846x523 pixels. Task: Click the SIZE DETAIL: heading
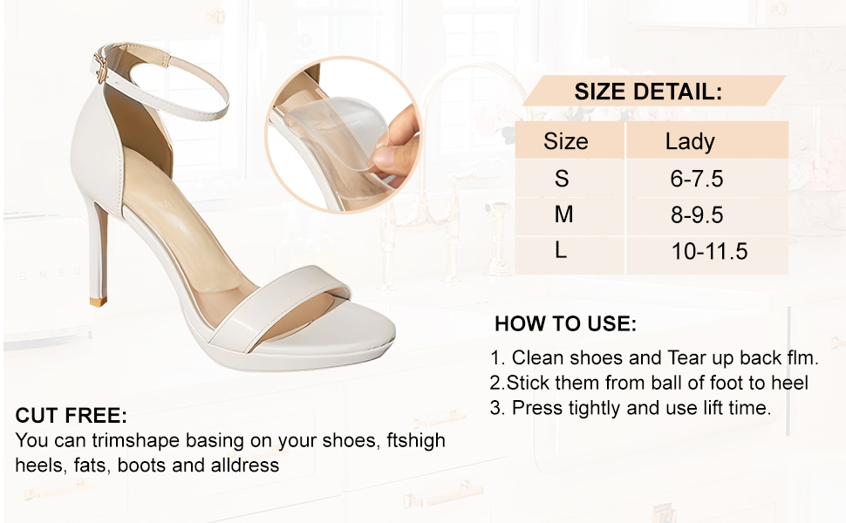pyautogui.click(x=647, y=92)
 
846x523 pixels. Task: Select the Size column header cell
pyautogui.click(x=570, y=140)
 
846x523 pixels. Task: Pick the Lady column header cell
pyautogui.click(x=706, y=140)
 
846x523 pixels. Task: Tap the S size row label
pyautogui.click(x=562, y=179)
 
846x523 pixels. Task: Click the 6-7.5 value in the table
pyautogui.click(x=697, y=179)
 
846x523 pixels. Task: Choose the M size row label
pyautogui.click(x=563, y=214)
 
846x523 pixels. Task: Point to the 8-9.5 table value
pyautogui.click(x=697, y=215)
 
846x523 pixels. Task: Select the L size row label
pyautogui.click(x=561, y=250)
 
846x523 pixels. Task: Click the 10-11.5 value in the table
pyautogui.click(x=709, y=251)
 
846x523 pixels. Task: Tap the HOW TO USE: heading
pyautogui.click(x=565, y=324)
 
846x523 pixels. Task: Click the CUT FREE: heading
pyautogui.click(x=72, y=416)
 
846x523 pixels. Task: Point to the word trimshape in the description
pyautogui.click(x=135, y=441)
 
